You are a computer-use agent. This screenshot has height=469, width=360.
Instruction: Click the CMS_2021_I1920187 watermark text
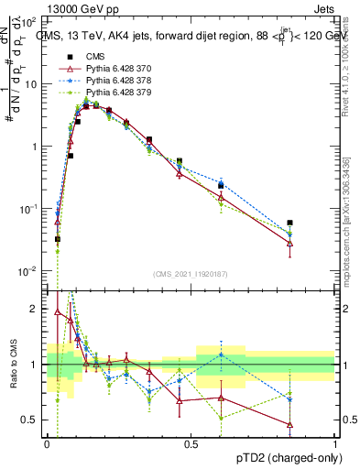190,274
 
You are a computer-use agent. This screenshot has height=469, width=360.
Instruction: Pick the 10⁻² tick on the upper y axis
30,271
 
